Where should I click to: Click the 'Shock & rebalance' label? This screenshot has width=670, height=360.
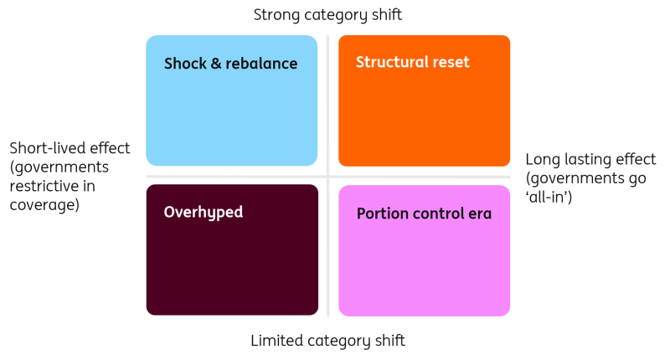pos(231,64)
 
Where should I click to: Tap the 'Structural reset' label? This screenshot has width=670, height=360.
pos(413,62)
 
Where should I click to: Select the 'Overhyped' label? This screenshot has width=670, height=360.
pos(204,213)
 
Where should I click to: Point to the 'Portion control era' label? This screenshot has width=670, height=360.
pos(425,213)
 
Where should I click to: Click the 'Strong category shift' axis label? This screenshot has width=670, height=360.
pos(327,15)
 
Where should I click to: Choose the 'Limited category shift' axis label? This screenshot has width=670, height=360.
pos(327,341)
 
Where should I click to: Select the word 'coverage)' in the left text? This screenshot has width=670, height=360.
pos(44,205)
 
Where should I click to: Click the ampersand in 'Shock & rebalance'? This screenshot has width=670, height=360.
pos(216,64)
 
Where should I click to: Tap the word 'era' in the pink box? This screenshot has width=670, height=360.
pos(480,214)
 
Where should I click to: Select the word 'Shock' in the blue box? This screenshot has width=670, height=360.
pos(185,64)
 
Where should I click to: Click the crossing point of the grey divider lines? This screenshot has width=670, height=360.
pos(327,177)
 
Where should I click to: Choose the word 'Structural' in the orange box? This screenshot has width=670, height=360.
pos(392,62)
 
